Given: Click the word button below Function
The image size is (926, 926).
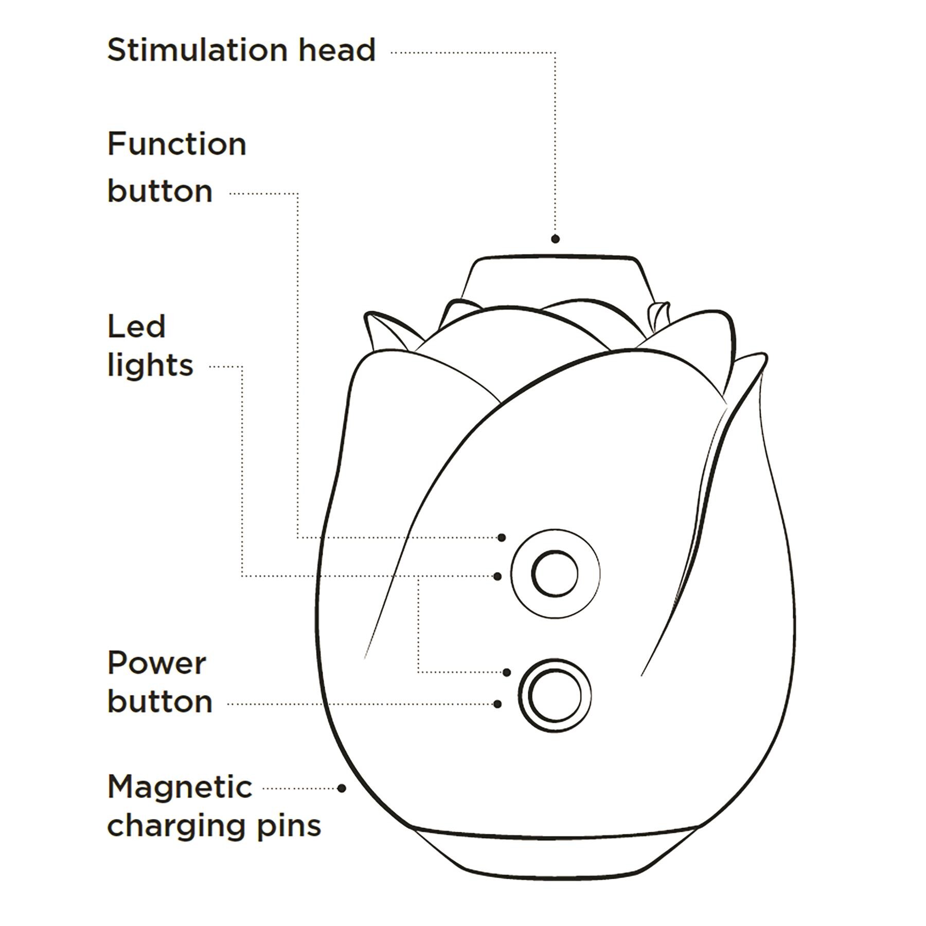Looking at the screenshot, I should pyautogui.click(x=159, y=191).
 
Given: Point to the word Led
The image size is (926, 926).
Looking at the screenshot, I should pyautogui.click(x=136, y=327).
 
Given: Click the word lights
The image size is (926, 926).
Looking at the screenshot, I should pyautogui.click(x=150, y=365).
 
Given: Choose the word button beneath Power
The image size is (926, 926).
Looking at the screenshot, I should pyautogui.click(x=159, y=702).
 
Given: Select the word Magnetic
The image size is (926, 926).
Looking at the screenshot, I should pyautogui.click(x=180, y=787).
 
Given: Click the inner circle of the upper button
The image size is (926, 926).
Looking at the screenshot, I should pyautogui.click(x=555, y=573).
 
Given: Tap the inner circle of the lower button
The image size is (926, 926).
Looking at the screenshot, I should pyautogui.click(x=555, y=697).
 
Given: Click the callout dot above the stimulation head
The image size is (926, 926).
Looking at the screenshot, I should pyautogui.click(x=555, y=239).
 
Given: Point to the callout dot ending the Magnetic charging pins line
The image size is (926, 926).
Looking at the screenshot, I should pyautogui.click(x=342, y=788).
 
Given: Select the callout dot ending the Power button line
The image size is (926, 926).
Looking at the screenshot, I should pyautogui.click(x=497, y=704).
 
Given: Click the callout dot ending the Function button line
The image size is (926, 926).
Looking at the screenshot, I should pyautogui.click(x=502, y=538).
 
